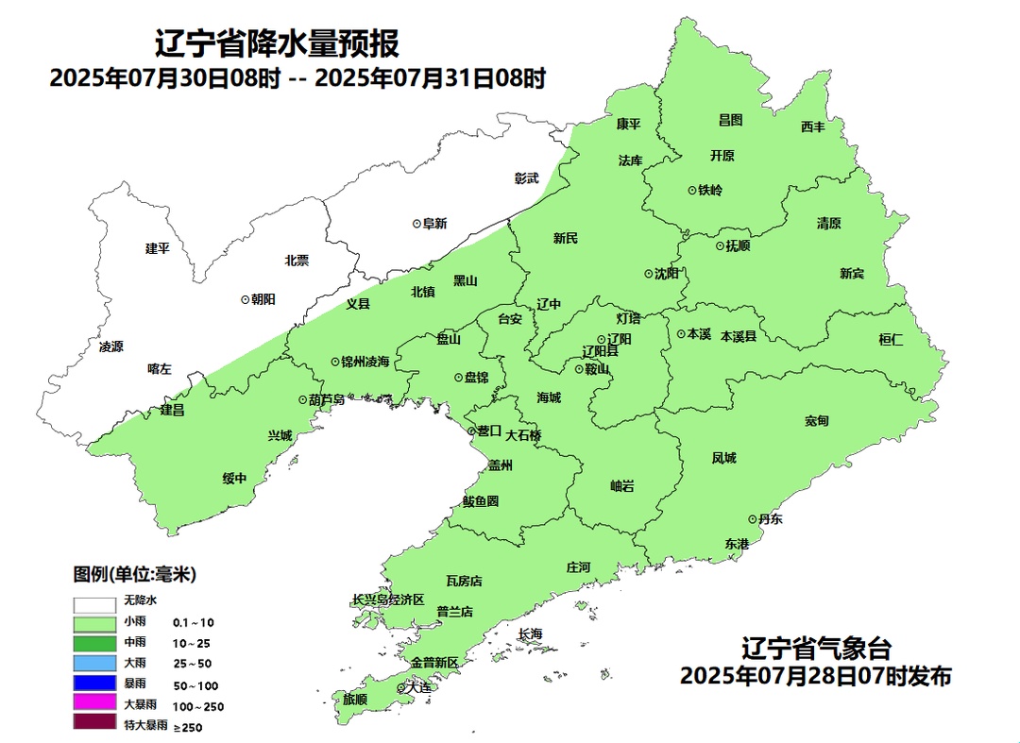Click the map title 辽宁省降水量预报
tap(276, 44)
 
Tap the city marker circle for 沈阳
tap(649, 274)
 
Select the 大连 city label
tap(417, 688)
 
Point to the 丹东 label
tap(770, 519)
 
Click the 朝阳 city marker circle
tap(246, 298)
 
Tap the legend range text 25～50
tap(192, 664)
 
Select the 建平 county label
tap(157, 248)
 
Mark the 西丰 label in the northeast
tap(813, 127)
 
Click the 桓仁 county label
tap(891, 340)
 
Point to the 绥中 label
tap(234, 479)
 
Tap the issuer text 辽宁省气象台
tap(816, 650)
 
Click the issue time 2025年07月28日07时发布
tap(815, 676)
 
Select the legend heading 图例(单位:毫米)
tap(135, 574)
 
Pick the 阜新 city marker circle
tap(416, 224)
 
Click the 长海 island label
tap(531, 633)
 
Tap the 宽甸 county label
tap(817, 420)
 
